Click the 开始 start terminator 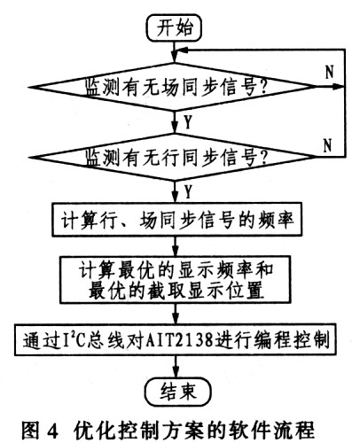point(175,27)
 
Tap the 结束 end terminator point(178,392)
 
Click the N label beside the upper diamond point(330,72)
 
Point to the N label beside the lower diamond point(327,145)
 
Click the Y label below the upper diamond point(188,121)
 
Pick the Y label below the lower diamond point(188,191)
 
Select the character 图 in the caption point(30,431)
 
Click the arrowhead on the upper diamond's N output point(339,87)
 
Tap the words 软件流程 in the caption point(276,431)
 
